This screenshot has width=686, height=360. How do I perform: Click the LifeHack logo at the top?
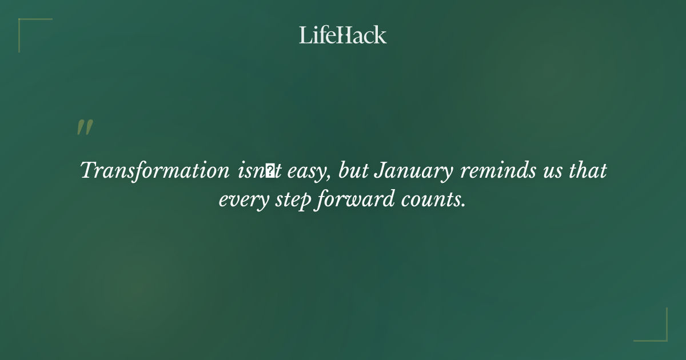point(343,35)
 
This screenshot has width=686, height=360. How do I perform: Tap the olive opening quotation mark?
point(85,127)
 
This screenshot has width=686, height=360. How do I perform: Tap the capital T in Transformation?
point(89,171)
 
